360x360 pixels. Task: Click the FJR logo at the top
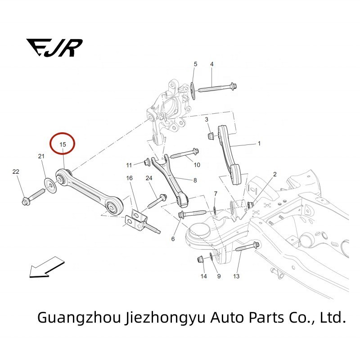pyautogui.click(x=54, y=47)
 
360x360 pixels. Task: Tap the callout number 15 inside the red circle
pyautogui.click(x=63, y=144)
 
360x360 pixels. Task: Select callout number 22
pyautogui.click(x=16, y=172)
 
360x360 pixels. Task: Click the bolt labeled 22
pyautogui.click(x=31, y=198)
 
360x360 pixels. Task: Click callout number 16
pyautogui.click(x=130, y=178)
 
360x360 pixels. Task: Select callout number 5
pyautogui.click(x=195, y=64)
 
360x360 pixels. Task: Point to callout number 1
pyautogui.click(x=259, y=144)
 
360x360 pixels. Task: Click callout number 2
pyautogui.click(x=274, y=174)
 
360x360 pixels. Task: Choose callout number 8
pyautogui.click(x=195, y=180)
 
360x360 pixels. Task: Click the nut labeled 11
pyautogui.click(x=147, y=161)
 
